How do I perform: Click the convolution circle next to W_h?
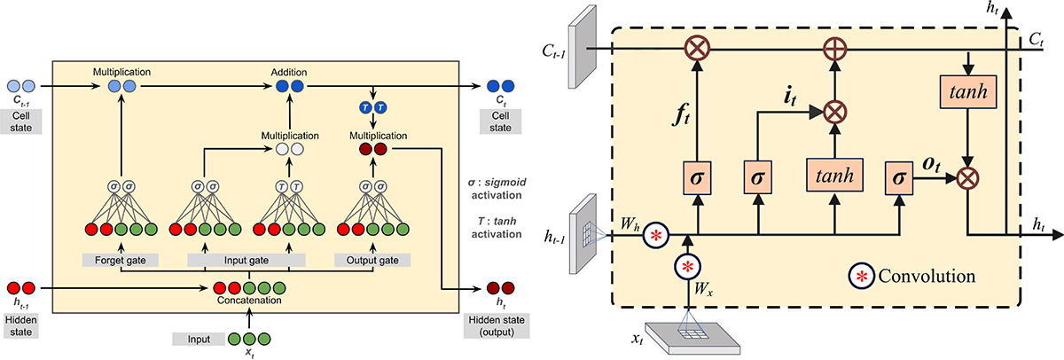(655, 236)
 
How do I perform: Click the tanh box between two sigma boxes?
(833, 175)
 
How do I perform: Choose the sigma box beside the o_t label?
(898, 180)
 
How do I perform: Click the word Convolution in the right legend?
(927, 276)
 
